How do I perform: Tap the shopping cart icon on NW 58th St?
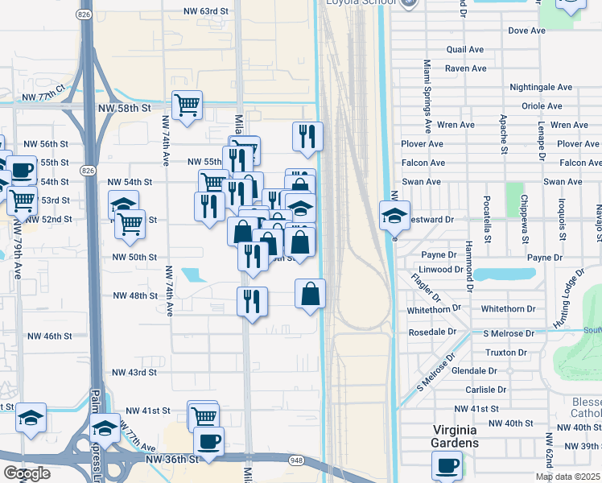click(187, 105)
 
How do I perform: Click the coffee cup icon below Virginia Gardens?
click(447, 465)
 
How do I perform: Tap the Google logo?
click(27, 473)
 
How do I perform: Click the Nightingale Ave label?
click(541, 87)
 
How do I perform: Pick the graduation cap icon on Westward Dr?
click(394, 216)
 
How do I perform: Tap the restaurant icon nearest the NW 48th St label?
click(252, 302)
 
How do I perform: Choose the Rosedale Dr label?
click(432, 332)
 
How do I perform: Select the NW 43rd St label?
click(134, 373)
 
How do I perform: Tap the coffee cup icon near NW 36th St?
click(208, 441)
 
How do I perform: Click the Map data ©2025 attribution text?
click(567, 477)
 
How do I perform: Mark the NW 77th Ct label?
click(43, 96)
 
